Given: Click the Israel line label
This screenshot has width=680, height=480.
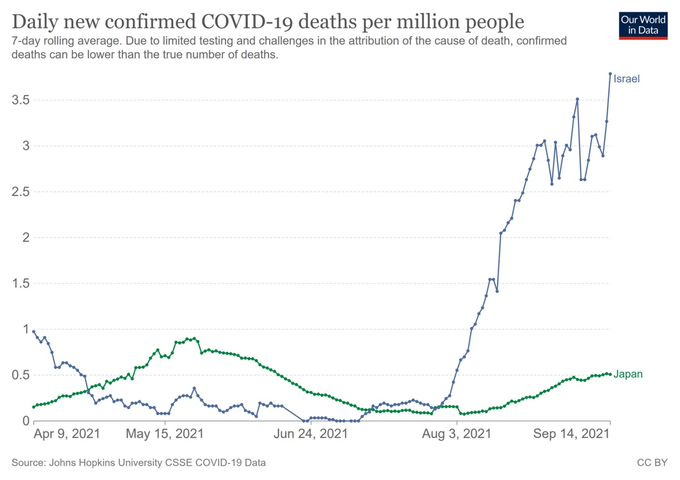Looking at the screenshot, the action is (x=626, y=79).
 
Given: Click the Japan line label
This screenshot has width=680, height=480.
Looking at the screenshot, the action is (x=628, y=374).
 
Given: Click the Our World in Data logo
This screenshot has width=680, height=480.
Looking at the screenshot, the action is (x=643, y=26).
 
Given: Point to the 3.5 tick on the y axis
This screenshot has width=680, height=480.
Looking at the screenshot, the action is (x=20, y=100).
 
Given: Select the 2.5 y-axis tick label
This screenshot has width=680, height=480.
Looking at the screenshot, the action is (x=20, y=192).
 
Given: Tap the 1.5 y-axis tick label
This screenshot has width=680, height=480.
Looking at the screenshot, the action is (x=20, y=284).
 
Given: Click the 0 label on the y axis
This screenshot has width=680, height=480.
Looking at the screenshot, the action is (x=26, y=421).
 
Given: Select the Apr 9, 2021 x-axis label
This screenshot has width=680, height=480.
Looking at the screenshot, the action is (x=67, y=434).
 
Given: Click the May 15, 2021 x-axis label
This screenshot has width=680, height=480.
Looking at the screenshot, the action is (x=165, y=434).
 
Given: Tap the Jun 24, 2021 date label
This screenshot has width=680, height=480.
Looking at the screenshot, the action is (x=311, y=434).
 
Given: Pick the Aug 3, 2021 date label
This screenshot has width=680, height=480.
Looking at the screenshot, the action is (x=457, y=434).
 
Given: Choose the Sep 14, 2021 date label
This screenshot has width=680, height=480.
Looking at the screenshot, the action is (x=571, y=434).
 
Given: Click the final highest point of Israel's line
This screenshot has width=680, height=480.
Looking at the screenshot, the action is (x=610, y=74).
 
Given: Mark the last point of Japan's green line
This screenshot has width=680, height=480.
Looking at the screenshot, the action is (x=610, y=374).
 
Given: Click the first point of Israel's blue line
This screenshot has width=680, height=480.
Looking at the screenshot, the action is (x=33, y=332).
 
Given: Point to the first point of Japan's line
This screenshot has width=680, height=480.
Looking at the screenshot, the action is (x=33, y=407).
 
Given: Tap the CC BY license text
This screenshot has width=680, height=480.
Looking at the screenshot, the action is (x=652, y=462).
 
